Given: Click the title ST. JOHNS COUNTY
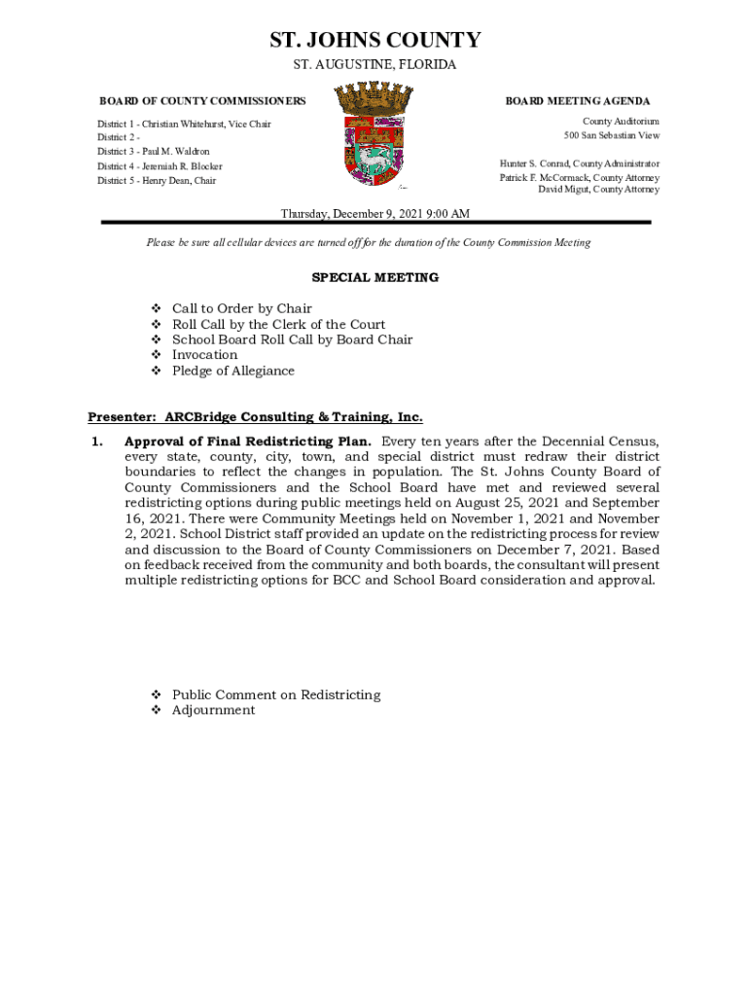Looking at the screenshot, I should tap(374, 40).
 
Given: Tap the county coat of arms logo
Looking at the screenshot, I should tap(374, 133).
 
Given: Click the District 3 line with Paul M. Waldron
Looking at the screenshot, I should tap(153, 152).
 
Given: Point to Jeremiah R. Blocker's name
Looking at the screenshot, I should tap(182, 166).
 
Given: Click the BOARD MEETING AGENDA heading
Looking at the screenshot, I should tap(577, 101).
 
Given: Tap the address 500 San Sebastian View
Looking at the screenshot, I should tap(604, 135).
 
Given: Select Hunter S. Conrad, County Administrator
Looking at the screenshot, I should tap(579, 163).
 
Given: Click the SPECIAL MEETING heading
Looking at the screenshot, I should tap(374, 277).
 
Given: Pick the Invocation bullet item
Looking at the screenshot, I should tap(204, 355).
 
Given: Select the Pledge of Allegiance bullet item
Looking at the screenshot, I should tap(232, 371).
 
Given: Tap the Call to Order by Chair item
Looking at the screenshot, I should tap(241, 308).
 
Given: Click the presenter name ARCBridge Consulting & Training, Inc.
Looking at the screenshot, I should tap(294, 417).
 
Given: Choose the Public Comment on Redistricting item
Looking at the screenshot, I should tap(275, 694).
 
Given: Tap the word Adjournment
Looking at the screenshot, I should tap(213, 710).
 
